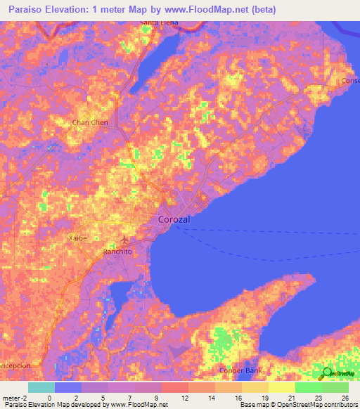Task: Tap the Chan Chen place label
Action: click(x=89, y=122)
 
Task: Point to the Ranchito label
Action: click(x=118, y=251)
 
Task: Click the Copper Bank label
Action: click(x=240, y=370)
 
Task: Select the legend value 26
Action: click(x=345, y=398)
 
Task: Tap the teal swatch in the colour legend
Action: click(x=41, y=387)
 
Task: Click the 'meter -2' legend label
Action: click(x=14, y=398)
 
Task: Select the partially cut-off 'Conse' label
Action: click(x=350, y=80)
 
